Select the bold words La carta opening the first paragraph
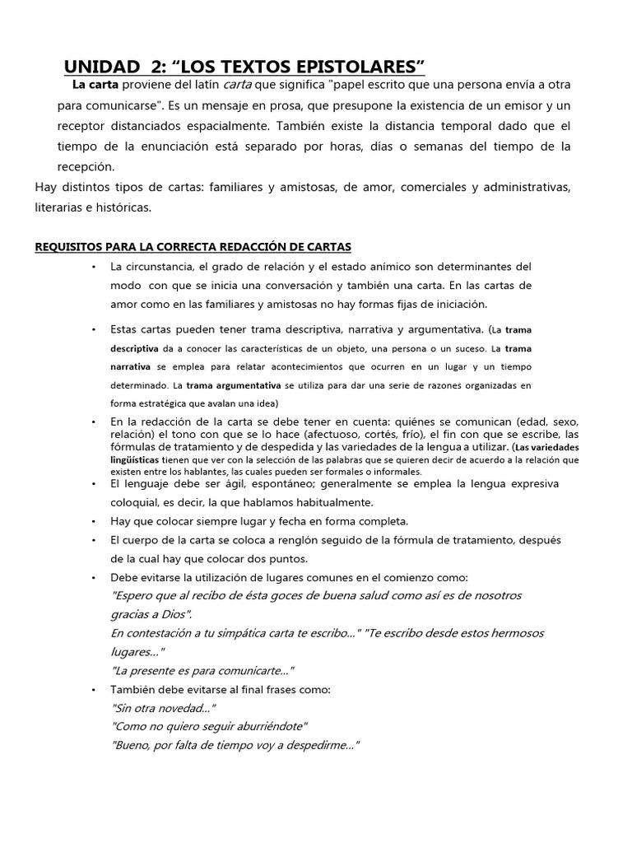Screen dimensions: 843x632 click(x=95, y=85)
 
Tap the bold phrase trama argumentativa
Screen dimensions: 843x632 click(x=234, y=385)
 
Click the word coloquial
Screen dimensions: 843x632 click(x=137, y=501)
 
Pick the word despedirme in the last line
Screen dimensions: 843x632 click(x=316, y=746)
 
